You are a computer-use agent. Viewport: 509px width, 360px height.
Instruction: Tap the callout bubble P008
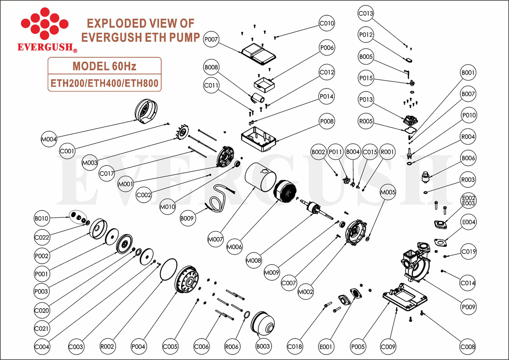(327, 122)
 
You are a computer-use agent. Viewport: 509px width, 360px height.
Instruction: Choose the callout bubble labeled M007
(215, 239)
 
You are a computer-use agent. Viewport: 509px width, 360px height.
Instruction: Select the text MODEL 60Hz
(104, 66)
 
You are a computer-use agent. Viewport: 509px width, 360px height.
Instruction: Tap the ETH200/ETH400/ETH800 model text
(104, 83)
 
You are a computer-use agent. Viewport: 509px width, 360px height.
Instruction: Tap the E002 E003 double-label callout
(469, 201)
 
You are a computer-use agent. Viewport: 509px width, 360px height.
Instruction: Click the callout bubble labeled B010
(42, 219)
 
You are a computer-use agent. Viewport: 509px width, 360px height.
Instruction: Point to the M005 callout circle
(388, 192)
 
